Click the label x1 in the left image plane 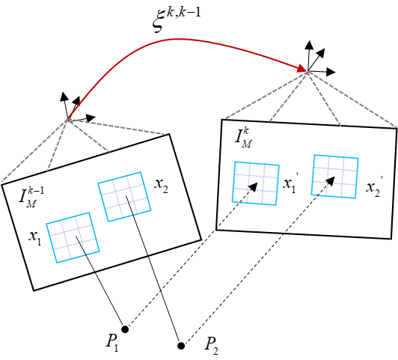(34, 237)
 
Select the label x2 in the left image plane (161, 185)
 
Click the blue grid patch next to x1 (71, 237)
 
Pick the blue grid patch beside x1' (256, 183)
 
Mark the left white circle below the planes (125, 329)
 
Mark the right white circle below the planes (181, 346)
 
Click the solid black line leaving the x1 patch (88, 259)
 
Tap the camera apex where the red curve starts (68, 118)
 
